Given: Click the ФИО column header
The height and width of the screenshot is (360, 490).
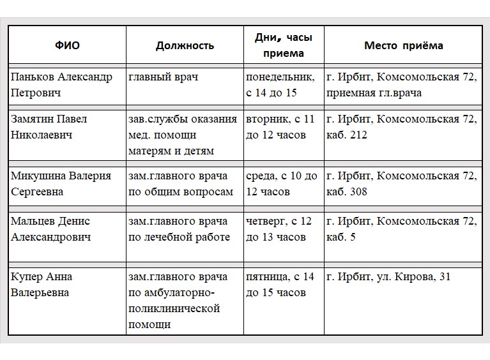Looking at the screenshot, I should tap(66, 46).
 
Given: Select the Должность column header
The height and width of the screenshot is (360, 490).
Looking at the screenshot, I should tap(185, 46).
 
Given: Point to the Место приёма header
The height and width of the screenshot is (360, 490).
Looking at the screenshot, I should tap(403, 46).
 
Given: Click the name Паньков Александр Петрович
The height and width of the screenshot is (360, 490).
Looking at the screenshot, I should tap(61, 85).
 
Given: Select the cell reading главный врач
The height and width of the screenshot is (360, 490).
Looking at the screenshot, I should tap(164, 77).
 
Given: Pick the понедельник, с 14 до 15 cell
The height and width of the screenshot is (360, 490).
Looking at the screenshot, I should tap(280, 85).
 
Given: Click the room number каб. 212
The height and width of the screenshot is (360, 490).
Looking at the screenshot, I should tap(346, 135).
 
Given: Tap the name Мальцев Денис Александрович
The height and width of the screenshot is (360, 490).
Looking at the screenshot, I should tap(51, 229).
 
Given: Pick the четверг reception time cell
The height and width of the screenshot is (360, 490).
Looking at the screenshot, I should tap(279, 229).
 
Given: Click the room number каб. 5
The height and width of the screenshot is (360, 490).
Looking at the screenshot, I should tap(341, 237).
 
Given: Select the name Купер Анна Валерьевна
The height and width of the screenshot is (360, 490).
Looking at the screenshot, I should tap(41, 285).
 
